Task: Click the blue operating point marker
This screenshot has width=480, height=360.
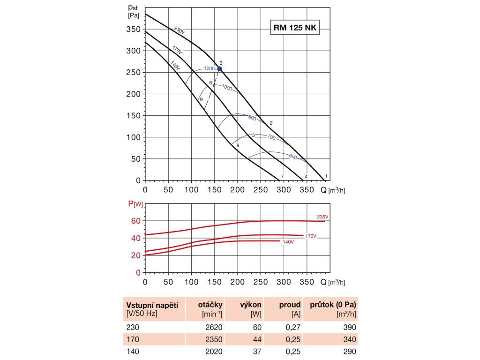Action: (x=219, y=69)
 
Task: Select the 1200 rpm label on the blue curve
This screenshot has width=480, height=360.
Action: (x=209, y=68)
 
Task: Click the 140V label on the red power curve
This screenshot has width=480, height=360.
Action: (x=288, y=242)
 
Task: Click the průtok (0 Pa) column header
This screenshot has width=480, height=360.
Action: (x=333, y=305)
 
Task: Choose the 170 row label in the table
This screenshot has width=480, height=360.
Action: (x=133, y=339)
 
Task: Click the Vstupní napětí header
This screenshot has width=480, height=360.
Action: (x=152, y=305)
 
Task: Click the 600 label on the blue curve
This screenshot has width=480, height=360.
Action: (x=293, y=157)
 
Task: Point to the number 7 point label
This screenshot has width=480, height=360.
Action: (x=282, y=176)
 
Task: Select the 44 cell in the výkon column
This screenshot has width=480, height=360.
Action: (x=257, y=339)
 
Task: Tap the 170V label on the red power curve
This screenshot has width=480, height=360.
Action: (x=311, y=235)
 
